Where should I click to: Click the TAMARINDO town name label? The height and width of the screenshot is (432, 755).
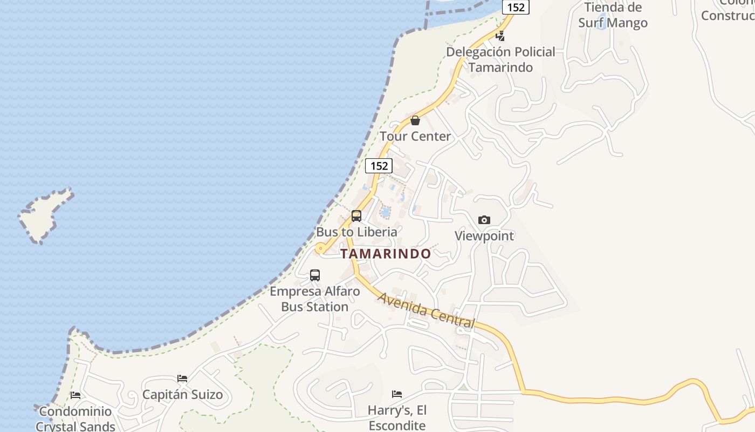click(386, 254)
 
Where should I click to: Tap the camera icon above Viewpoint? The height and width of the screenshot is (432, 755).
click(484, 220)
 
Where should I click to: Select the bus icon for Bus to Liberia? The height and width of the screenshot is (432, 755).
click(356, 216)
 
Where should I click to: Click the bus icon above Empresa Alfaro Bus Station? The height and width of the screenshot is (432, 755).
click(315, 275)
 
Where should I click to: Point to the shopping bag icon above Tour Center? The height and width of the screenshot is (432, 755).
click(415, 120)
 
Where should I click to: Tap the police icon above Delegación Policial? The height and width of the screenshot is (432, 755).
click(500, 36)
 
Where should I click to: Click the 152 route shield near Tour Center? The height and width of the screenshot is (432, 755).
click(379, 166)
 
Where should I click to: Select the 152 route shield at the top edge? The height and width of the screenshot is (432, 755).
click(516, 6)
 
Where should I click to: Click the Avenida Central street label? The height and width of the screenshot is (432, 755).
click(426, 311)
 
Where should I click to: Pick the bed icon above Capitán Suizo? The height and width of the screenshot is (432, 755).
click(182, 379)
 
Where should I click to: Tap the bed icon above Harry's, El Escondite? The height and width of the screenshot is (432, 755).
click(397, 394)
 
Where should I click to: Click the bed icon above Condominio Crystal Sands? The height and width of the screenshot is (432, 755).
click(75, 395)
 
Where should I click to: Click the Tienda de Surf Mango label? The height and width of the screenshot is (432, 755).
click(613, 15)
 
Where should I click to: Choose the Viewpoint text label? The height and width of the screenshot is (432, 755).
click(484, 236)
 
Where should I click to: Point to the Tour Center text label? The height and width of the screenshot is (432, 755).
click(415, 136)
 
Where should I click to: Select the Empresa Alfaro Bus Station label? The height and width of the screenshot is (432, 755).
click(315, 299)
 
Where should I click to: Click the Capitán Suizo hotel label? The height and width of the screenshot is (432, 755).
click(182, 395)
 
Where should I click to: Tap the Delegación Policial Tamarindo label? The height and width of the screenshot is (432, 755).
click(500, 59)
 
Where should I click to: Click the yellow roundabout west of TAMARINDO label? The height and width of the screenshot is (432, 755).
click(321, 249)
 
